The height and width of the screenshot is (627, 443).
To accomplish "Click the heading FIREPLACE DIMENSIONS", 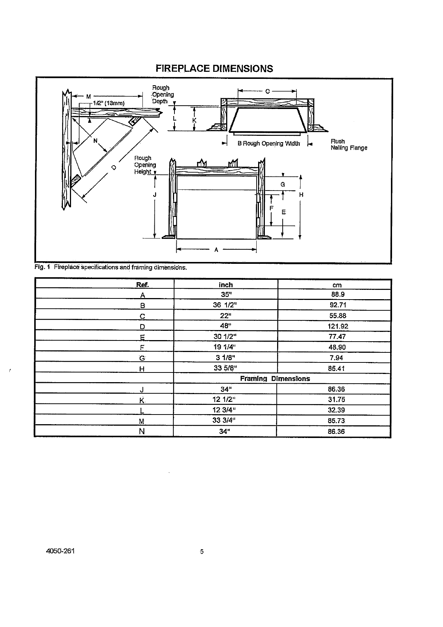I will [214, 68].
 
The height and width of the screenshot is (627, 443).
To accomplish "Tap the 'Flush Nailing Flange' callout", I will [349, 145].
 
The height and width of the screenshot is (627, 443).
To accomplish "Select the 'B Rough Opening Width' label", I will [269, 144].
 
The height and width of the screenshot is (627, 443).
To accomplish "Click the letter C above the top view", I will [267, 91].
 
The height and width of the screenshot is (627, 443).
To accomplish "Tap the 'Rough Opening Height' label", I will [145, 165].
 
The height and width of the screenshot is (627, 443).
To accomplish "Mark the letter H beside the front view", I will [301, 195].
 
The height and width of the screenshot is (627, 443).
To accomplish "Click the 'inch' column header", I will [225, 285].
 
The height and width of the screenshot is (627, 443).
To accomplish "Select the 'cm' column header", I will [337, 285].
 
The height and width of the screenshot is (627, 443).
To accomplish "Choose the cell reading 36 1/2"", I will [225, 305].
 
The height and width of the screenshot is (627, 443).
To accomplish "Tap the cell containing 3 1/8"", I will [226, 358].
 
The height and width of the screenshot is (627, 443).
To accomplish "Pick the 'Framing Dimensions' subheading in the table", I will [275, 379].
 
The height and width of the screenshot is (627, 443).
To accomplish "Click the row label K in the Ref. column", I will [142, 400].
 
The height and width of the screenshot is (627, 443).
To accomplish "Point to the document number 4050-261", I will [60, 551].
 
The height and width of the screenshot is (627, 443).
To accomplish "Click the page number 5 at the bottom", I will [202, 552].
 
